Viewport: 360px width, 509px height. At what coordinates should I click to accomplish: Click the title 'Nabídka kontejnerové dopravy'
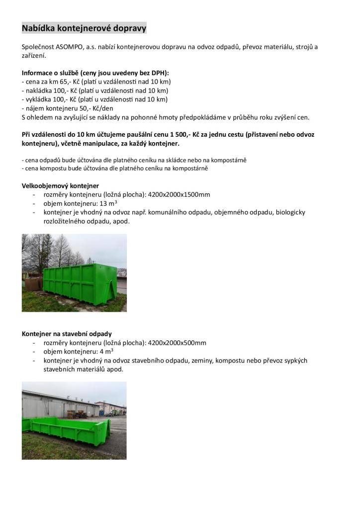pyautogui.click(x=84, y=28)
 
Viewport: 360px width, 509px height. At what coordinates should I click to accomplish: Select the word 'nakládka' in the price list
pyautogui.click(x=38, y=90)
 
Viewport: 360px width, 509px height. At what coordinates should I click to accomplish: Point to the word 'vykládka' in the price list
pyautogui.click(x=38, y=99)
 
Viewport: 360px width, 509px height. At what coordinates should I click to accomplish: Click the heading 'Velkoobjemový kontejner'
pyautogui.click(x=60, y=185)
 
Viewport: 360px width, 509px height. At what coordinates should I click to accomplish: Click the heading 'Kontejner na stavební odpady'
pyautogui.click(x=67, y=334)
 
